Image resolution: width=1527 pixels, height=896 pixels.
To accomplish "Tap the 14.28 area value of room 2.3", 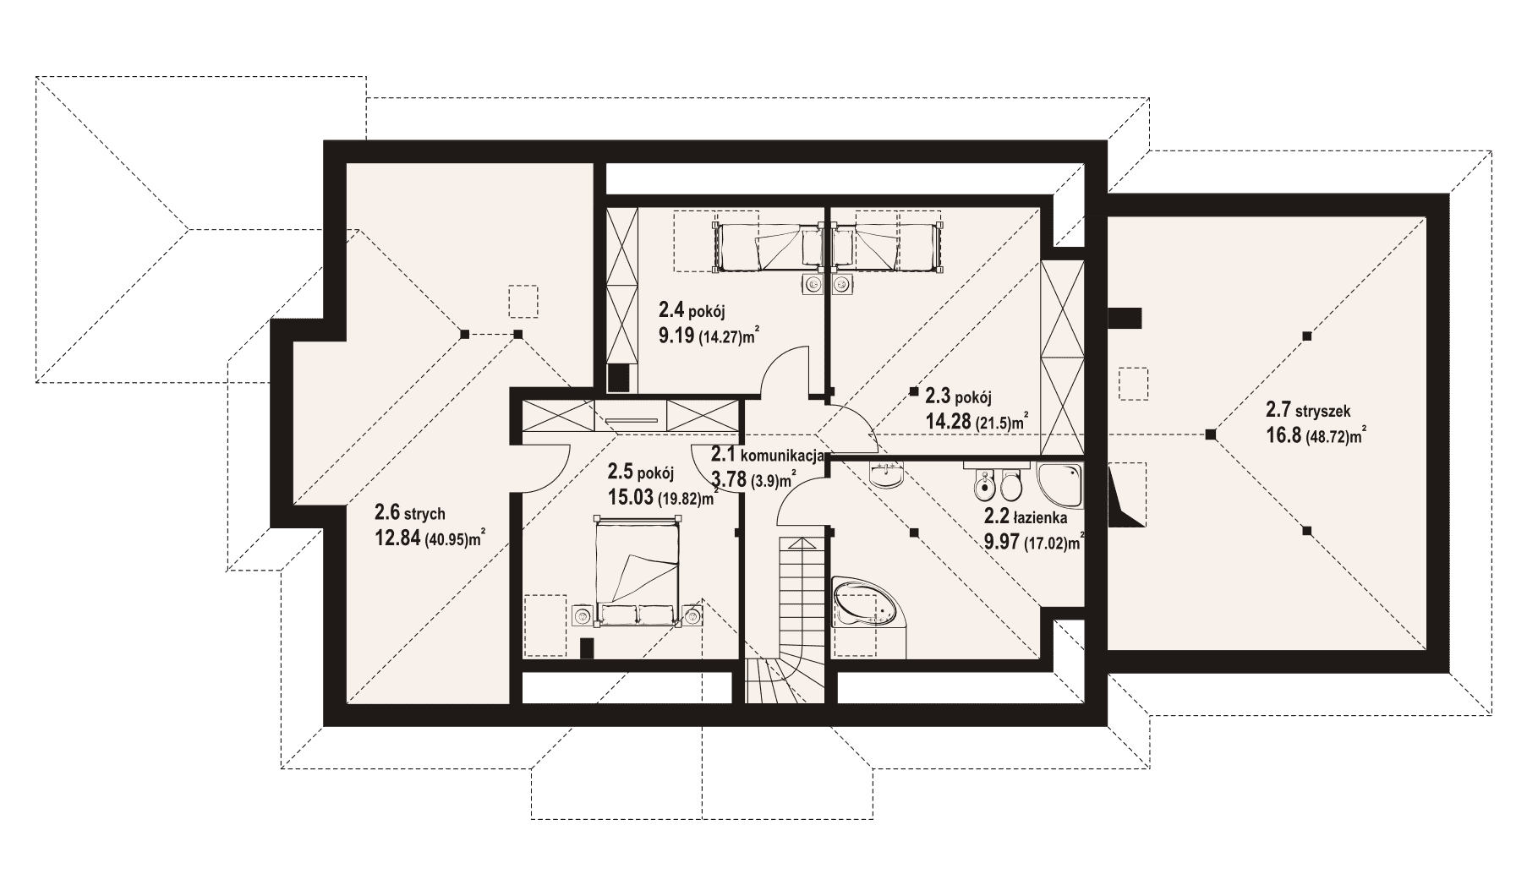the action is [947, 422].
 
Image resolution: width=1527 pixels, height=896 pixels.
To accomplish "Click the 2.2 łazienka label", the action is [1025, 516].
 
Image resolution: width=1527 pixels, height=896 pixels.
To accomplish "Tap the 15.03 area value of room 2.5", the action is [631, 497].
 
